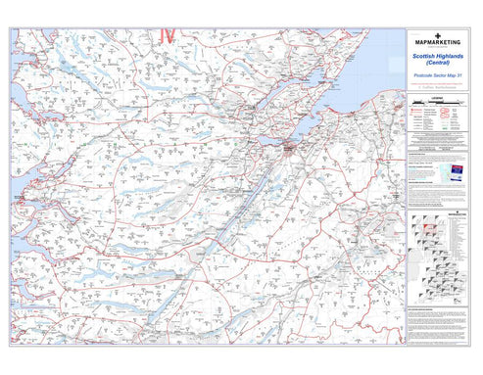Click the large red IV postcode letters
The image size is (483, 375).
(x=167, y=35)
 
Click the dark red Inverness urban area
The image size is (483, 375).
(x=290, y=149)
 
